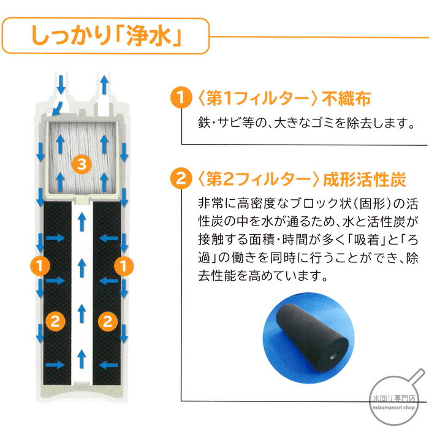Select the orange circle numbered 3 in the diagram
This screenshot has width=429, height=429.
80,163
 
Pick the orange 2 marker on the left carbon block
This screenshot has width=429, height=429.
54,319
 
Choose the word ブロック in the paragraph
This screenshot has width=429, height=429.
311,203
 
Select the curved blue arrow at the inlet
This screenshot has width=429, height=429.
56,107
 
